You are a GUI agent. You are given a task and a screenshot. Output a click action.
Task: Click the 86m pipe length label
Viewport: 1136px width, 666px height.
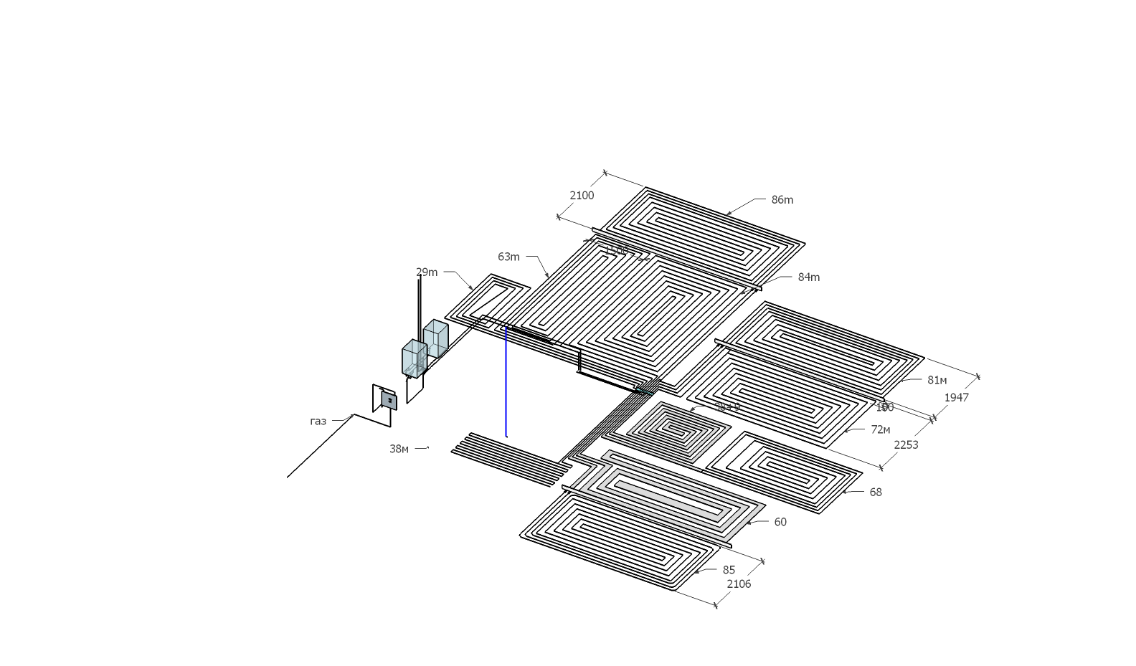point(782,200)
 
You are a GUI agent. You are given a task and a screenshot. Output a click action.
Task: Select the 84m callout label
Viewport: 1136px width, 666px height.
point(809,277)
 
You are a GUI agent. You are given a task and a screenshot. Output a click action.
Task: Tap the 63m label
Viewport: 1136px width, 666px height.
point(508,257)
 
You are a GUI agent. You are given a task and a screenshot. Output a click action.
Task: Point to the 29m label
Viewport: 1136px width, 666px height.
point(427,272)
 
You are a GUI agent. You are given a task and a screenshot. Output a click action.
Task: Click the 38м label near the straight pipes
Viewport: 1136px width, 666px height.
point(399,449)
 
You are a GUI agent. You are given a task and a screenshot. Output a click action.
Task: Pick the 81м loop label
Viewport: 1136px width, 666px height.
point(937,380)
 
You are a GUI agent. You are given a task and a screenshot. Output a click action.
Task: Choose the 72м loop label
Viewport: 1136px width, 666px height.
point(880,429)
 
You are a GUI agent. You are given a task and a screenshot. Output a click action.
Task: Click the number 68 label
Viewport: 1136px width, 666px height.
point(876,493)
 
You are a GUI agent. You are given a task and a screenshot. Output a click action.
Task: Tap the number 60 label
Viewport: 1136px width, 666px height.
point(780,522)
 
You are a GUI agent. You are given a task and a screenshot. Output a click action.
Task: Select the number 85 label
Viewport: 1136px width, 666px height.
point(729,570)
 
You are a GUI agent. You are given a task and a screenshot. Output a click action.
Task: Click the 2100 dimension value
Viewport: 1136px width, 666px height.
point(582,196)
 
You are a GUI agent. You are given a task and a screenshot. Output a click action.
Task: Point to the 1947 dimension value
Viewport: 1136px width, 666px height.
point(957,398)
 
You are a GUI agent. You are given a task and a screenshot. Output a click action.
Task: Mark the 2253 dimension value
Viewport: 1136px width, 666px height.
point(906,445)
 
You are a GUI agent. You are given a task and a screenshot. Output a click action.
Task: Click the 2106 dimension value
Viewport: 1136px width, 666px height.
point(739,584)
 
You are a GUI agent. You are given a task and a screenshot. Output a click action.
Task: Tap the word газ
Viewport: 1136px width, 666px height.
point(318,422)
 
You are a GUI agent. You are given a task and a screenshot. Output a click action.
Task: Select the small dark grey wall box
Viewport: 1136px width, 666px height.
point(389,400)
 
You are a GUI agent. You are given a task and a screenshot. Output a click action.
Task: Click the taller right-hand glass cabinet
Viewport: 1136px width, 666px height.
point(435,338)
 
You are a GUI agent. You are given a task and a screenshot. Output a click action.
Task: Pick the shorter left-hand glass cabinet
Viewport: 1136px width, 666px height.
point(414,358)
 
